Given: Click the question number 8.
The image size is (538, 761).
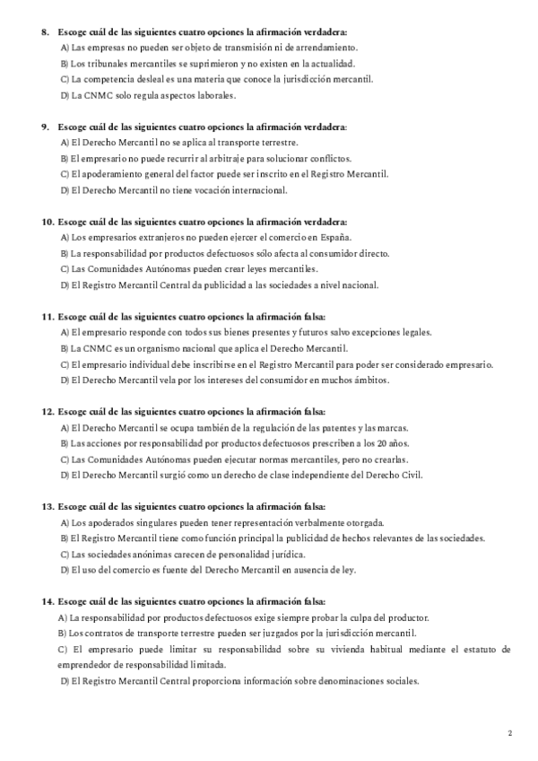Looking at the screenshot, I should tap(45, 31).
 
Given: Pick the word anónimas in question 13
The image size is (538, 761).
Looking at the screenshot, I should tap(142, 554).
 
